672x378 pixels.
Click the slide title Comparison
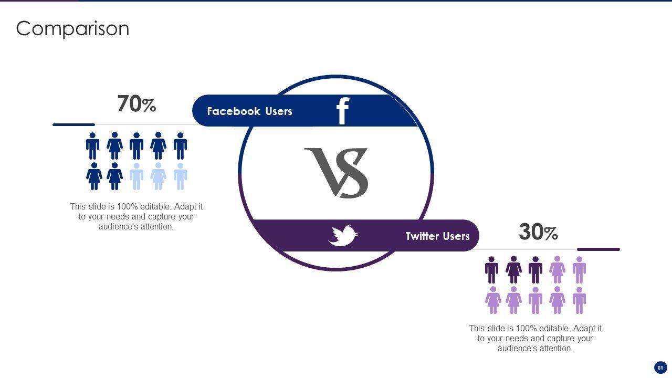coord(72,28)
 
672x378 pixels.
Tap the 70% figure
coord(136,104)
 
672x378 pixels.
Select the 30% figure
coord(538,232)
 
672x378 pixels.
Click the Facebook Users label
coord(249,111)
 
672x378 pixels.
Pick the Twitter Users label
coord(437,236)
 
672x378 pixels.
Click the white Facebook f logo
coord(342,111)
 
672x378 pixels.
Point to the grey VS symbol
coord(336,173)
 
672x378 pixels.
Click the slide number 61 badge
coord(660,367)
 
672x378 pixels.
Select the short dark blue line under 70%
coord(73,124)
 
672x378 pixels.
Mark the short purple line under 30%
coord(598,249)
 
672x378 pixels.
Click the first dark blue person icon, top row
coord(92,146)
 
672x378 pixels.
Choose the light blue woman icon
coord(158,176)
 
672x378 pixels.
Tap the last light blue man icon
coord(180,176)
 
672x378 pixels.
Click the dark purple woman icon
coord(513,270)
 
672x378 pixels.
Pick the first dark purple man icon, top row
coord(491,270)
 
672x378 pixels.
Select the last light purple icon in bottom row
coord(579,300)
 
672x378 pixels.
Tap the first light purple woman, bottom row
coord(493,300)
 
